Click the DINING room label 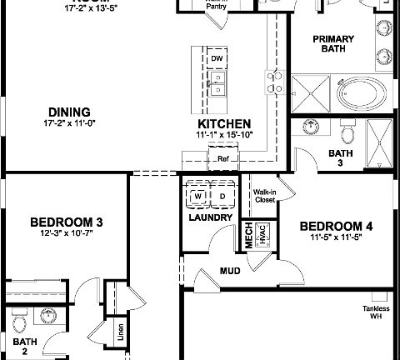[x=69, y=112]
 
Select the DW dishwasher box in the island [x=217, y=59]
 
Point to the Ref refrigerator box [x=222, y=158]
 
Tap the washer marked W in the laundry [x=198, y=197]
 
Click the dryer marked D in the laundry [x=222, y=197]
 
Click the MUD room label [x=230, y=271]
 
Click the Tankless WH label [x=375, y=312]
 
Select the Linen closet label [x=122, y=331]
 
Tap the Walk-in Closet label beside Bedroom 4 [x=264, y=197]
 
